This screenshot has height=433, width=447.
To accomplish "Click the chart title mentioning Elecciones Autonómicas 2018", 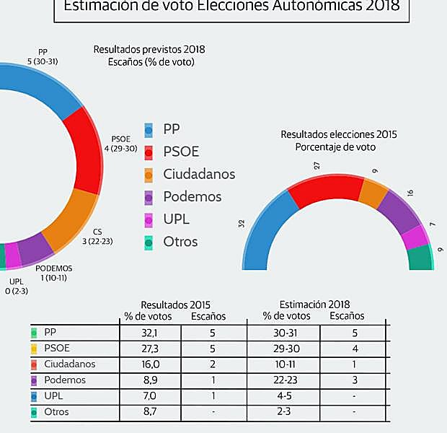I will [231, 6].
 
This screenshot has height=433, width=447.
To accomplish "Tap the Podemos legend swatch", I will [149, 197].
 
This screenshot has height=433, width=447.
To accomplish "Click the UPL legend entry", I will [177, 219].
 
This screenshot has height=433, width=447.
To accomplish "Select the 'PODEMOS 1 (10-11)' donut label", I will [54, 272].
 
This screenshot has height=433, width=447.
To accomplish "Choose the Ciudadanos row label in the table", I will [69, 364].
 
